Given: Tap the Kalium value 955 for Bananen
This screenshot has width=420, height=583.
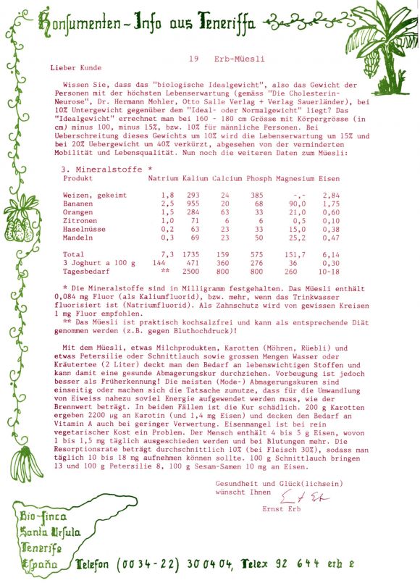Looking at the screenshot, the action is [192, 204].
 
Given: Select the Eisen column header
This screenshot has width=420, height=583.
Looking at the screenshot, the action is [329, 178].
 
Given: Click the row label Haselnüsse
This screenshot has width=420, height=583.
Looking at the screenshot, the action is [86, 229].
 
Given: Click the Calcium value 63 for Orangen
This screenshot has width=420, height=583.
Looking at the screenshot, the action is [225, 212].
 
